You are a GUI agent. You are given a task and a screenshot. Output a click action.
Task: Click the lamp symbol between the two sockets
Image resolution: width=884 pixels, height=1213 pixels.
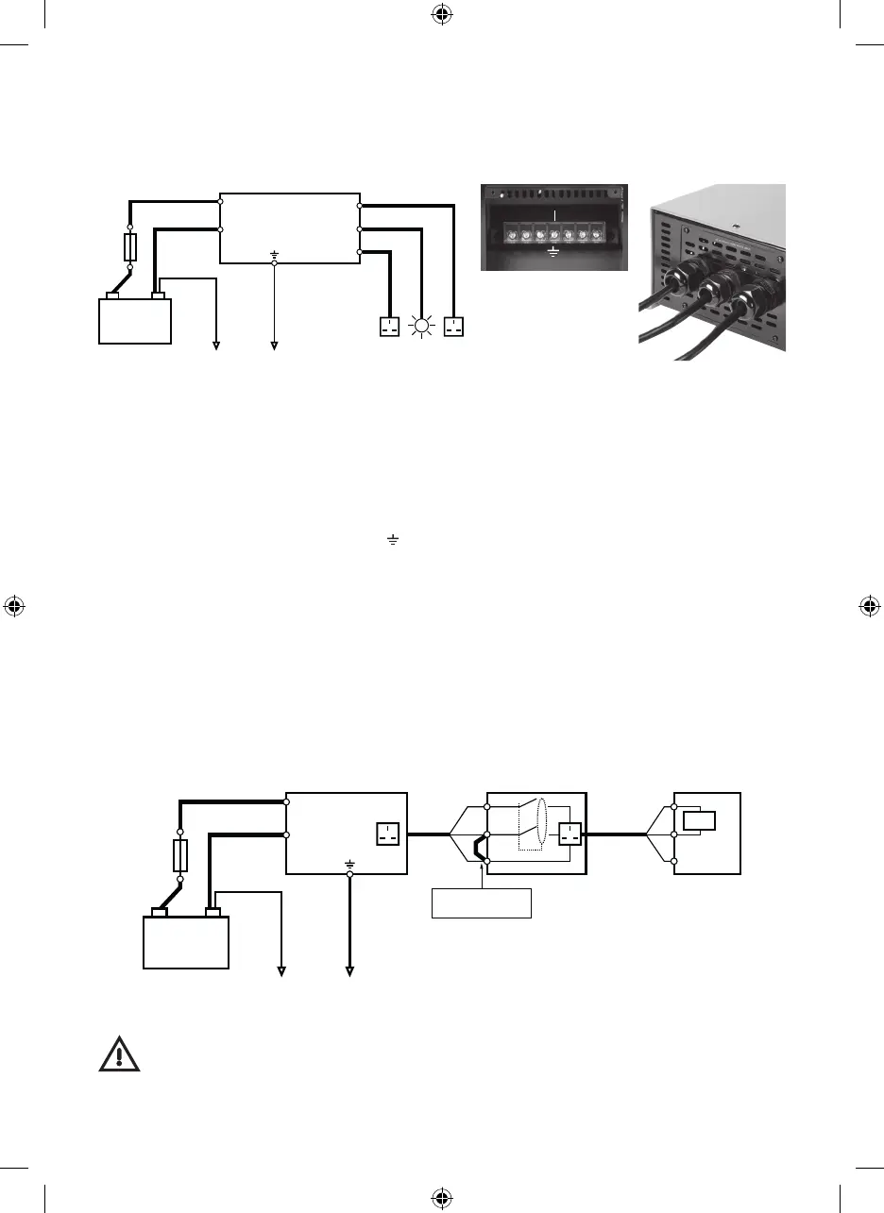click(x=422, y=328)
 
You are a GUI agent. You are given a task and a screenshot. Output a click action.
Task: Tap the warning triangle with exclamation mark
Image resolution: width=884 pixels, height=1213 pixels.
click(x=120, y=1053)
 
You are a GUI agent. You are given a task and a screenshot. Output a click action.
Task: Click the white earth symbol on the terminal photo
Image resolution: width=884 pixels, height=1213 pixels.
click(x=553, y=252)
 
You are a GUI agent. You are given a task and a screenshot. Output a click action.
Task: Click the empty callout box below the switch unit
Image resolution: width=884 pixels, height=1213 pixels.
click(x=482, y=902)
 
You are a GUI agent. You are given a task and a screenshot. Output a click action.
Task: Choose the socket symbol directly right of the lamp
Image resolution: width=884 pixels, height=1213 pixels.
click(x=455, y=328)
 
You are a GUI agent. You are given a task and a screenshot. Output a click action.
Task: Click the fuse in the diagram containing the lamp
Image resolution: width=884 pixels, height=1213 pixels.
click(x=132, y=247)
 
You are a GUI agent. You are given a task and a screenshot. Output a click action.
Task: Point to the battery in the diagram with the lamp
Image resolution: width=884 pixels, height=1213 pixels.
click(x=136, y=320)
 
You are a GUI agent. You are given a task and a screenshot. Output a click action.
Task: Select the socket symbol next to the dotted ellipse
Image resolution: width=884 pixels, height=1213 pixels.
click(x=569, y=834)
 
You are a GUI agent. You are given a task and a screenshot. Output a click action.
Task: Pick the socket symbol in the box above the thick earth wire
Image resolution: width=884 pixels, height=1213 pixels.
click(x=389, y=834)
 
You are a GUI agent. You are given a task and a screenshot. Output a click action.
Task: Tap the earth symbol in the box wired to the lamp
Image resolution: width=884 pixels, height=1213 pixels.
click(x=275, y=254)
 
